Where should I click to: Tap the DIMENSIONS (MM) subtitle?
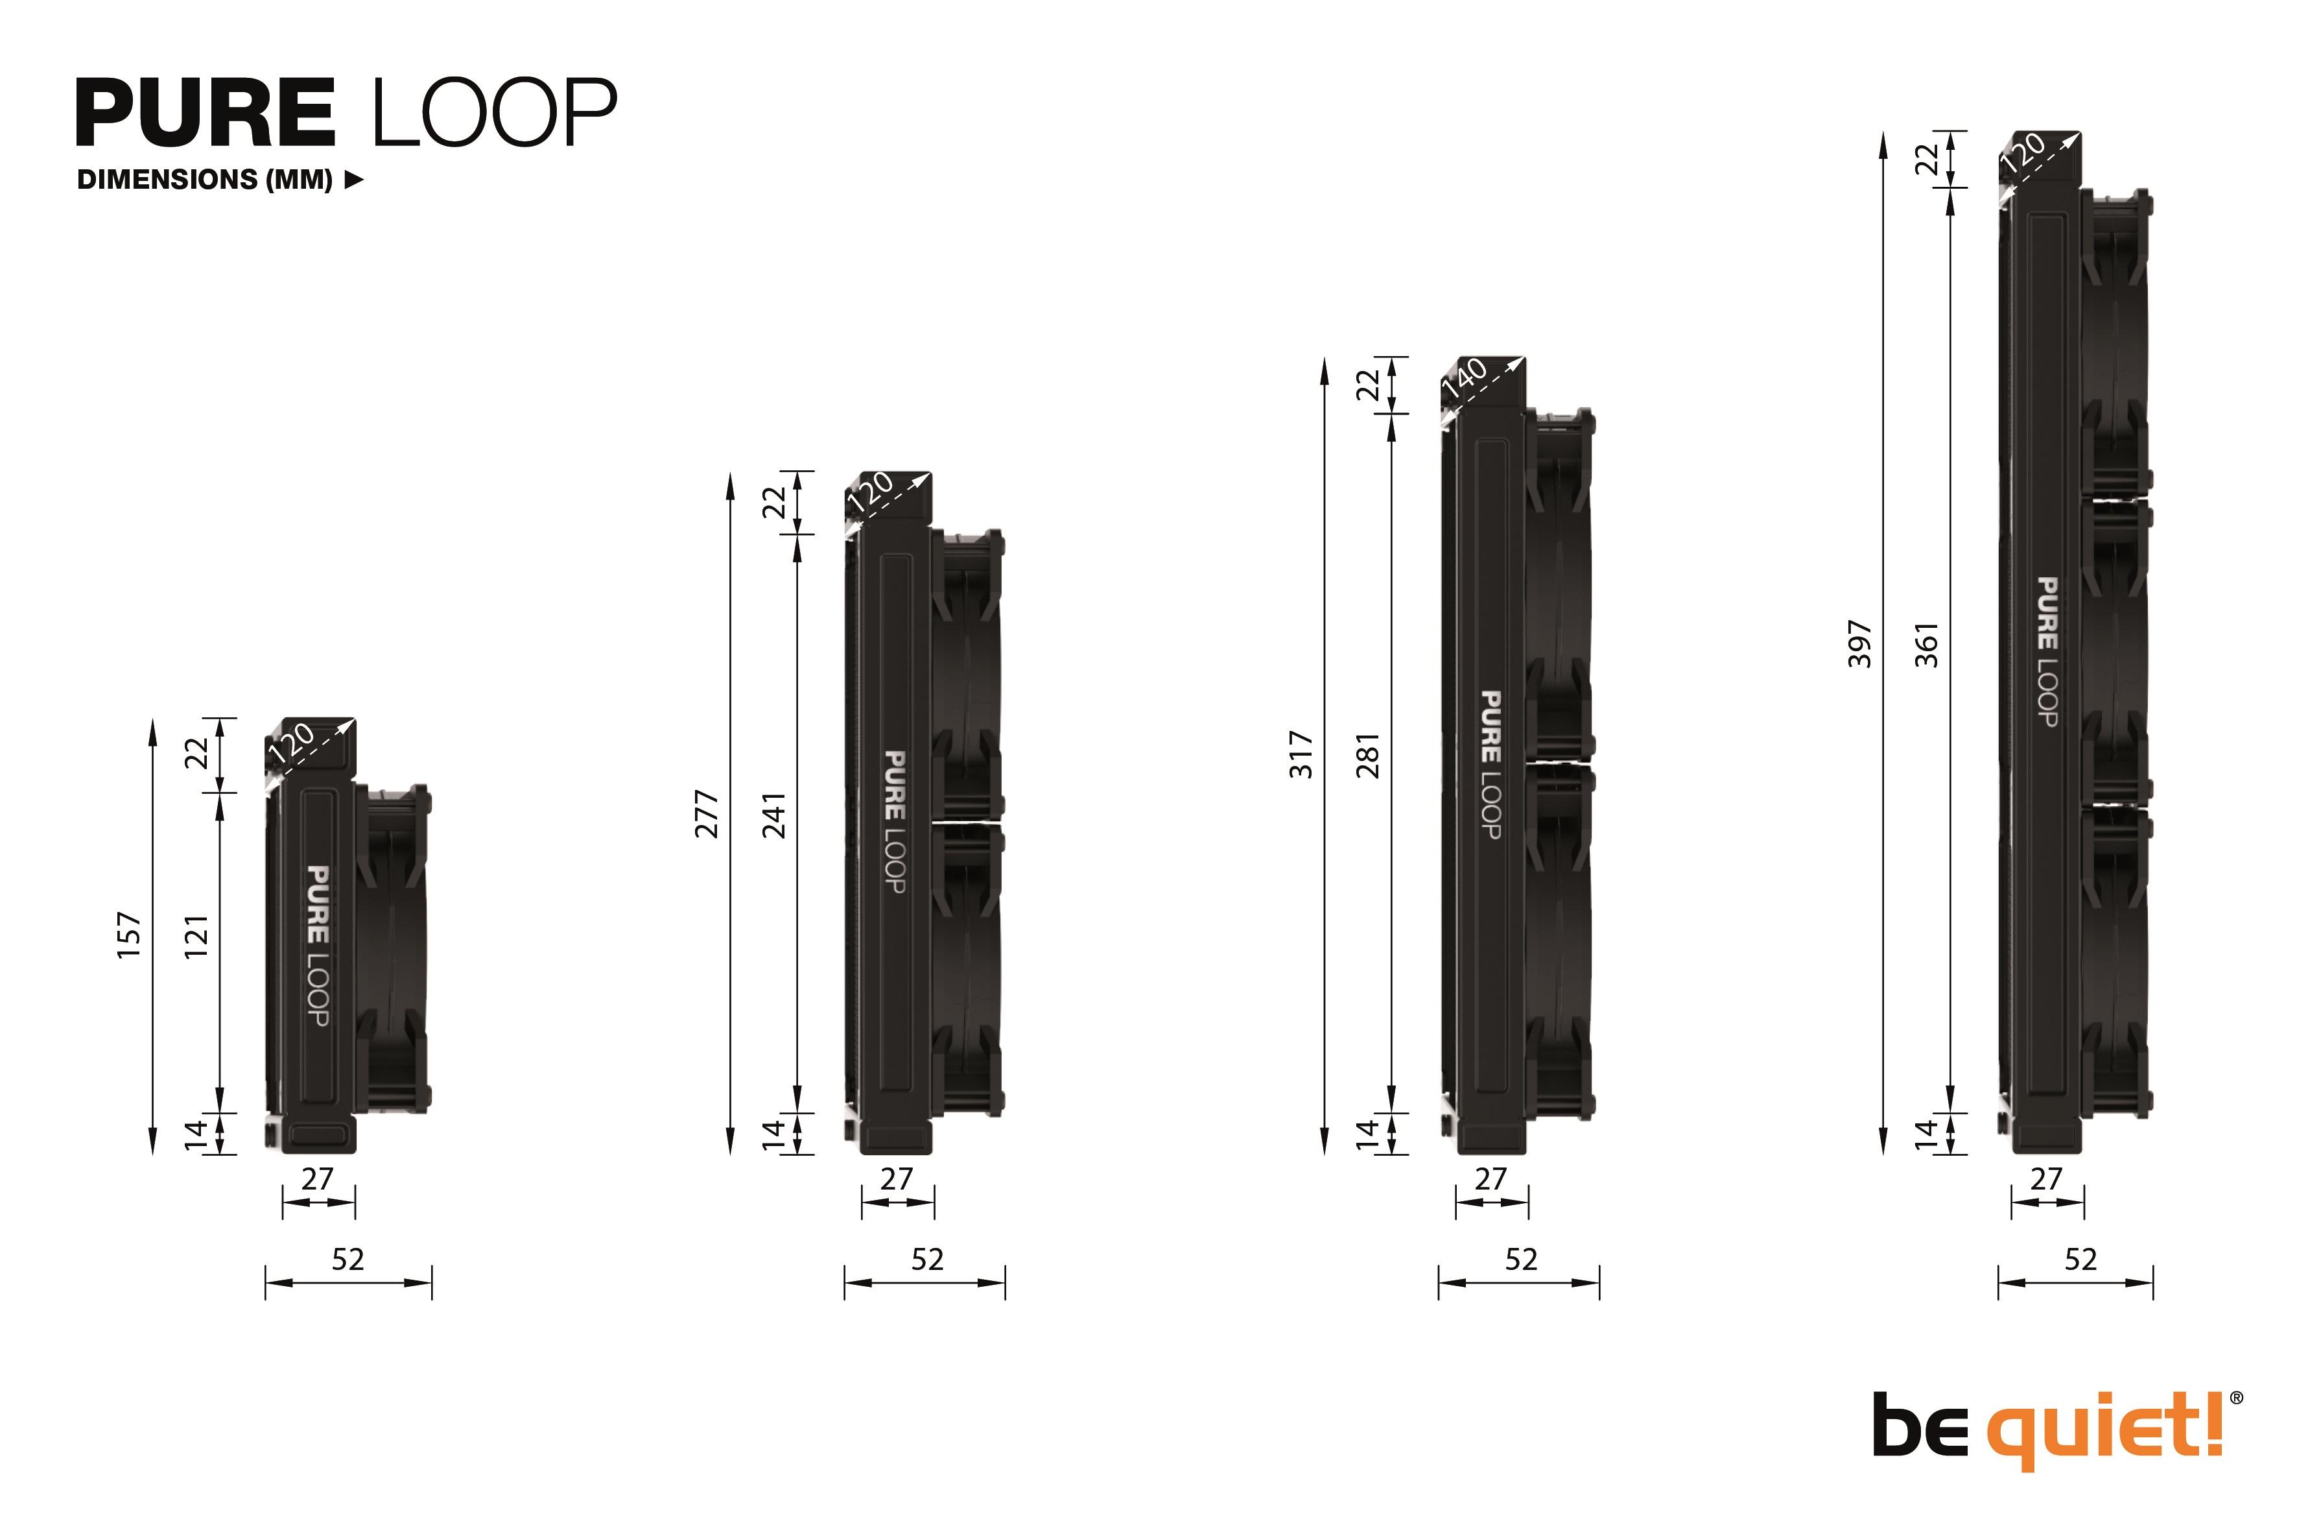[205, 180]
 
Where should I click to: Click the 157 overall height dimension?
[130, 935]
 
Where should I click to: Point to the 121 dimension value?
[197, 936]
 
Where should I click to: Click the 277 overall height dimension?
[707, 815]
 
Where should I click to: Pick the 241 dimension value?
[775, 815]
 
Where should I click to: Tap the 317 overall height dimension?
[1302, 754]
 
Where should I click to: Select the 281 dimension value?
[1369, 755]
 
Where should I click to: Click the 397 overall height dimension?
[1861, 645]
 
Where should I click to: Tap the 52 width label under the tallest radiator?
[2080, 1260]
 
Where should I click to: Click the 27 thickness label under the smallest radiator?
[318, 1179]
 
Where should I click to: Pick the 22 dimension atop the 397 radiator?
[1927, 160]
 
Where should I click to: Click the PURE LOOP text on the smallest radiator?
[318, 945]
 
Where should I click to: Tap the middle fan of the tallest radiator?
[2114, 652]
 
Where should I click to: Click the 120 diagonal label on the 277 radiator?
[869, 492]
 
